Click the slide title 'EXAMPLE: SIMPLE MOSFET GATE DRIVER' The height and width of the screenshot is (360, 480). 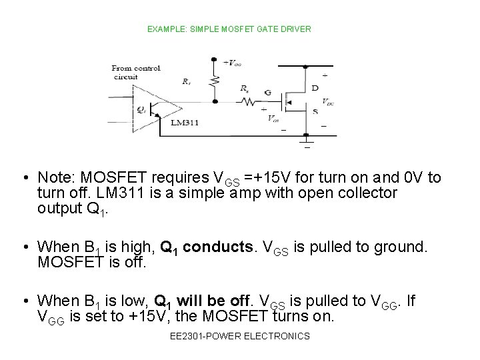[x=229, y=29]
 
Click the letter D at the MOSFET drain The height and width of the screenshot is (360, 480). [x=314, y=88]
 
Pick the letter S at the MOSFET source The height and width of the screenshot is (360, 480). [x=314, y=113]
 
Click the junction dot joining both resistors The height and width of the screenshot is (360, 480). [x=214, y=102]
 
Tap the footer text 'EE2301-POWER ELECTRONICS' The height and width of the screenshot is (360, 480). [x=239, y=336]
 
